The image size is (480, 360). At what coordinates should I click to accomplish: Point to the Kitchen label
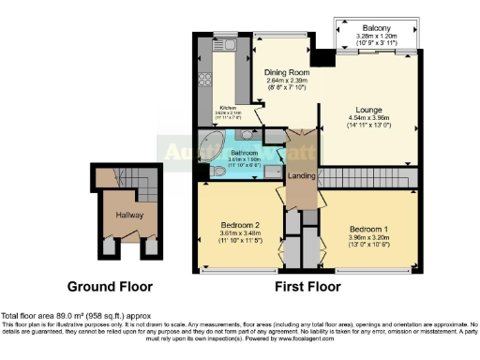227,108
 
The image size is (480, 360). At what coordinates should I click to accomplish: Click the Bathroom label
243,151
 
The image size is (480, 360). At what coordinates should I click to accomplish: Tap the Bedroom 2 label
238,225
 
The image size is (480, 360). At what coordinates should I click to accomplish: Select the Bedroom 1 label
367,230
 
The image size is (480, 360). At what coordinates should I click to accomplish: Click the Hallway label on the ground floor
122,215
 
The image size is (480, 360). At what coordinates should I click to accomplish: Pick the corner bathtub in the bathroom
210,151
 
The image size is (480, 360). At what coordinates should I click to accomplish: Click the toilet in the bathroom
207,172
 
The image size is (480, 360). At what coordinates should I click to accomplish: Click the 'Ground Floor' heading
109,286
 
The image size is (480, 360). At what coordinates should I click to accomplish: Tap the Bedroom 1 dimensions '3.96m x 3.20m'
367,238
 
